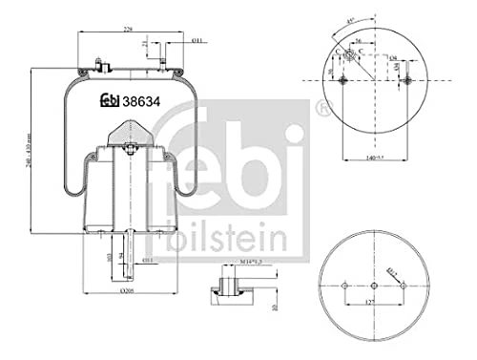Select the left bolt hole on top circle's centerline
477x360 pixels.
pos(346,79)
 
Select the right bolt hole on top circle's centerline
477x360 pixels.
pos(408,79)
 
